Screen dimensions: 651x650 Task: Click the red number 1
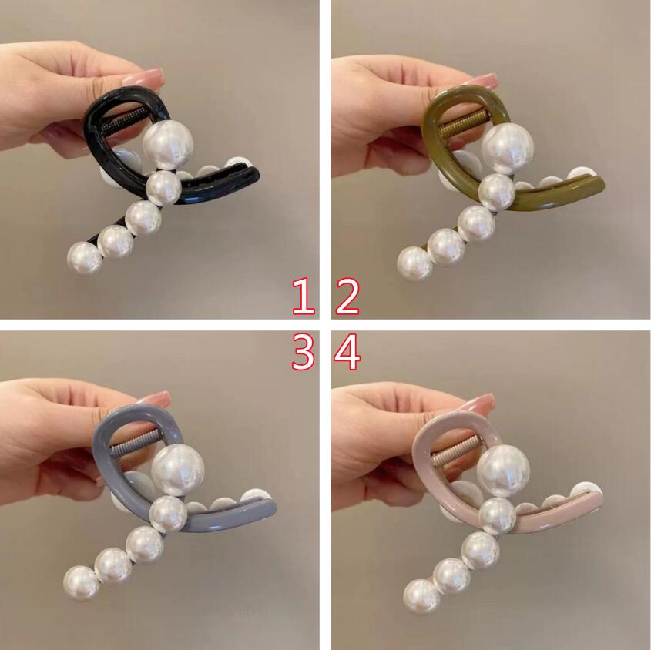point(304,296)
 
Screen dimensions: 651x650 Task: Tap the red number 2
point(348,296)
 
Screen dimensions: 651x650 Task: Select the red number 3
point(302,352)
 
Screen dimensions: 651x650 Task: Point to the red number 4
point(348,352)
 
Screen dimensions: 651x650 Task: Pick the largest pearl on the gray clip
point(178,469)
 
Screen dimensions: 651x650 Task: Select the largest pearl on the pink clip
point(503,470)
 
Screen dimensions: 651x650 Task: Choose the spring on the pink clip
point(456,450)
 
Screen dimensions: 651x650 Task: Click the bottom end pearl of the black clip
point(84,258)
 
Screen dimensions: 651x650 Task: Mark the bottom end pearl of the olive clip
point(414,264)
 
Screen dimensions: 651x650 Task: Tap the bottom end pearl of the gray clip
point(82,581)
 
